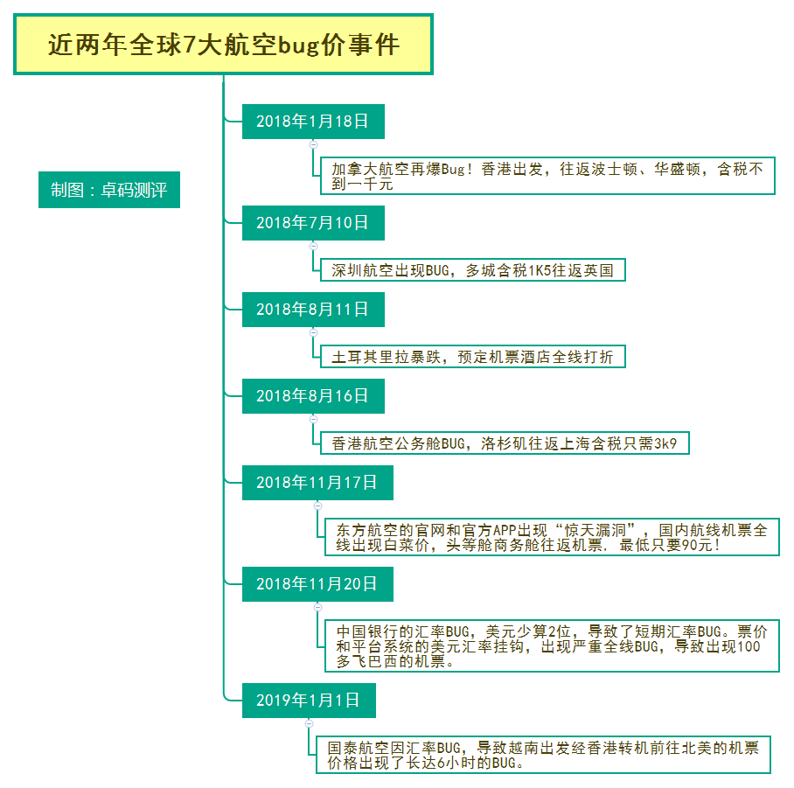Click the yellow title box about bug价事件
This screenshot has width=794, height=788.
(x=223, y=45)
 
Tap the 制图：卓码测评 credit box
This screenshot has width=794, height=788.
(x=109, y=190)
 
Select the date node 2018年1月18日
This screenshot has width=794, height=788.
(x=313, y=122)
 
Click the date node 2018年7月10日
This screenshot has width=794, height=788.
(x=313, y=223)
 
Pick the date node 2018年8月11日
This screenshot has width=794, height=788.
(x=313, y=310)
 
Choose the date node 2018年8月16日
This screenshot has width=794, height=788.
(x=313, y=396)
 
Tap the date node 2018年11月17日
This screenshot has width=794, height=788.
(x=317, y=483)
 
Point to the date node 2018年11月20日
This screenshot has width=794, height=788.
(x=317, y=584)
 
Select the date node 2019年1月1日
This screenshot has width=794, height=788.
(x=309, y=701)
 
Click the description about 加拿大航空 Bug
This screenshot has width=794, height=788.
(x=547, y=176)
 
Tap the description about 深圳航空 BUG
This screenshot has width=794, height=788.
(x=473, y=270)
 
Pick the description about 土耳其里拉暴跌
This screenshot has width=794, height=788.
(x=473, y=357)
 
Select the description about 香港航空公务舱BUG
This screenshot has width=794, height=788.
(x=505, y=443)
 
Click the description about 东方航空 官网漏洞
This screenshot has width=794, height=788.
(x=552, y=537)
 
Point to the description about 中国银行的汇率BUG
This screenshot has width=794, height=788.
(x=552, y=646)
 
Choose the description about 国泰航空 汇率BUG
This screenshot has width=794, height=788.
(x=543, y=755)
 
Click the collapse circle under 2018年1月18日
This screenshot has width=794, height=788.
(x=313, y=145)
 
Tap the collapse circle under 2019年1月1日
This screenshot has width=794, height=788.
(x=309, y=723)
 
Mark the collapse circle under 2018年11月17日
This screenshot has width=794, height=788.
(x=317, y=506)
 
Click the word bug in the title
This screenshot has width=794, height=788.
(x=299, y=46)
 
